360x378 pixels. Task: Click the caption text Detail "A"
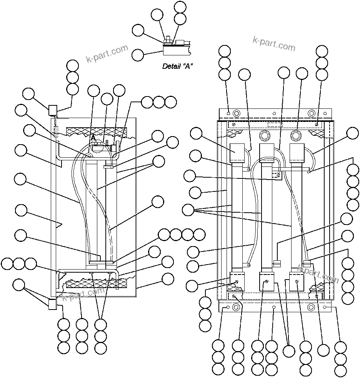tap(177, 66)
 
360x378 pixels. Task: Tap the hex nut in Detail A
tap(168, 39)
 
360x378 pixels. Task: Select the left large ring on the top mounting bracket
tap(236, 113)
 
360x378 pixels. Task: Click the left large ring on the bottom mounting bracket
tap(236, 307)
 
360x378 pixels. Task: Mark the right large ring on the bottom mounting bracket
tap(312, 307)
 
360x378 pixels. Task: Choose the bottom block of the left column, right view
tap(237, 279)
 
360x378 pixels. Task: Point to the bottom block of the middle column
tap(267, 280)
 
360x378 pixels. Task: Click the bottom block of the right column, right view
tap(297, 280)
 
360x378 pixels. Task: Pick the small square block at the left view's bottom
tap(52, 305)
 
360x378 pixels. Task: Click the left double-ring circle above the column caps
tap(264, 135)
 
